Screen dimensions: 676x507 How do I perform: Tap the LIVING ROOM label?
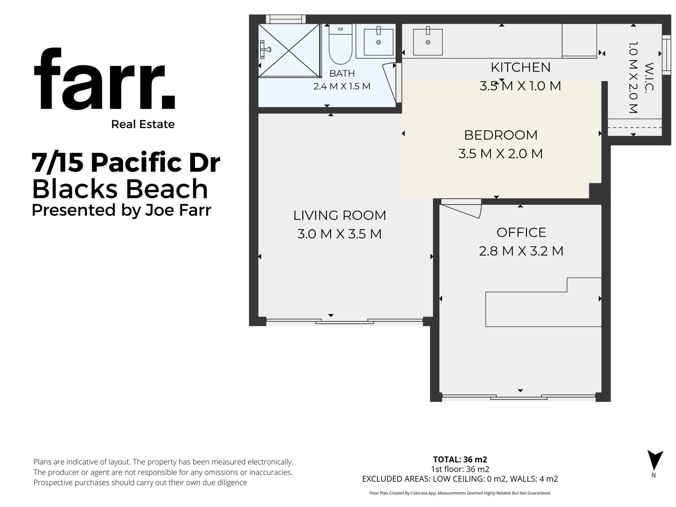[339, 215]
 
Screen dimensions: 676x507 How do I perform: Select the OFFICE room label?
[521, 232]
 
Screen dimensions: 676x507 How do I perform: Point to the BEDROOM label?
[501, 135]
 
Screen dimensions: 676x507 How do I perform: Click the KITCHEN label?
[521, 67]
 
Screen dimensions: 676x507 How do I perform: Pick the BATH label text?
[342, 73]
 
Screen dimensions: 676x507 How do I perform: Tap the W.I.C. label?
[649, 77]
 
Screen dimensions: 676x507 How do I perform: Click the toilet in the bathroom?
[340, 44]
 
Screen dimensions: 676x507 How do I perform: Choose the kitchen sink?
[428, 42]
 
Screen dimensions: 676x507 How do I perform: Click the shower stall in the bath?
[289, 50]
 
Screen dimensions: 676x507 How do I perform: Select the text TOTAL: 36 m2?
[460, 459]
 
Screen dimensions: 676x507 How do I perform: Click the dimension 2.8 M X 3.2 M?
[521, 251]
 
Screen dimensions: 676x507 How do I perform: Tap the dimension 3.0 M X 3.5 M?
[339, 234]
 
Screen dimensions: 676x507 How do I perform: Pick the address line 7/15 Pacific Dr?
[126, 163]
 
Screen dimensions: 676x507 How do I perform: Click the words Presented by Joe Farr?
[122, 210]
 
